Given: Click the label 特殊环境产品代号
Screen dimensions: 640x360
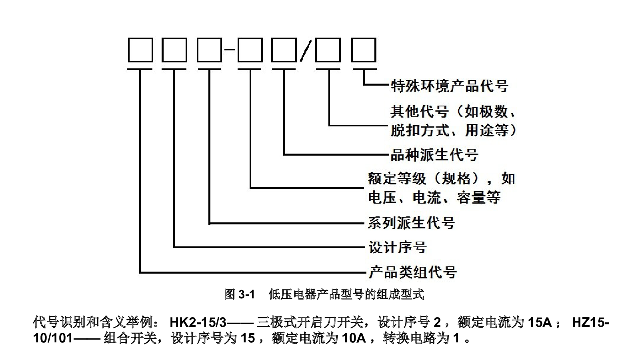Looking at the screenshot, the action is click(450, 86).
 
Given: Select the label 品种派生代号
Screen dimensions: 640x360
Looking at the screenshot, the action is click(434, 155).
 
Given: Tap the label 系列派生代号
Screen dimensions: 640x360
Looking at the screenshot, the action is click(412, 223).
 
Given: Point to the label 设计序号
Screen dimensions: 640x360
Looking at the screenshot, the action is click(398, 247).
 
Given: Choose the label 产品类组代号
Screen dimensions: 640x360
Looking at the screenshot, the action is click(412, 272).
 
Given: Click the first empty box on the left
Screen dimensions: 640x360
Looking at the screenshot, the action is click(140, 50).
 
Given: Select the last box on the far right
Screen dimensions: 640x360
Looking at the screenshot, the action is click(364, 50).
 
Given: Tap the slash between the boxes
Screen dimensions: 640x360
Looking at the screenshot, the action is click(306, 50).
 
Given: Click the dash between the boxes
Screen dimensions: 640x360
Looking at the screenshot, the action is click(230, 50).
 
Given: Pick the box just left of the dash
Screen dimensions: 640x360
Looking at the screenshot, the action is click(210, 50).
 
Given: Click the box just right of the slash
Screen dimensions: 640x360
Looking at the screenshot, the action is click(328, 50).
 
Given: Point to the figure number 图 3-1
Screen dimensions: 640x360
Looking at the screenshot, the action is click(239, 294).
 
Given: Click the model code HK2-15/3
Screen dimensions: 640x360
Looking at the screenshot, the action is click(198, 322).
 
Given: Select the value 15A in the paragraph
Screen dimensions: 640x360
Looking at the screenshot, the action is click(540, 322).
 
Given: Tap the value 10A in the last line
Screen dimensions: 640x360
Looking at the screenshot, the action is click(354, 338).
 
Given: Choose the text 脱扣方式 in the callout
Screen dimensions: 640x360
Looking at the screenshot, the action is click(420, 130).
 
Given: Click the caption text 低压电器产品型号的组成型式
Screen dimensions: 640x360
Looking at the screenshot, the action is click(346, 294).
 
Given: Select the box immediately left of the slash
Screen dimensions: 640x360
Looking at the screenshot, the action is click(284, 50).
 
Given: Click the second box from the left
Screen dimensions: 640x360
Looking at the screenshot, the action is click(174, 50).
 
